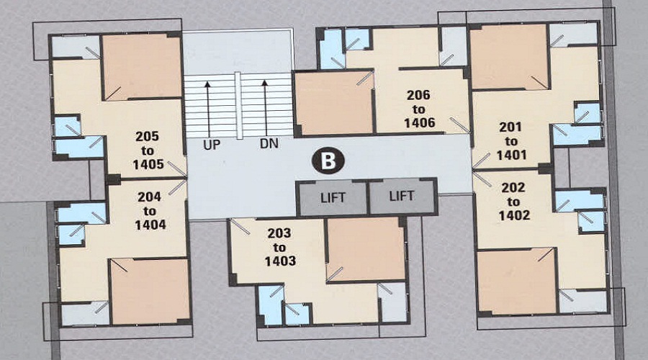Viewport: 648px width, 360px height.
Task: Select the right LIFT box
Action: pos(402,195)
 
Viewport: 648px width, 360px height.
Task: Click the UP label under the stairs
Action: pos(211,144)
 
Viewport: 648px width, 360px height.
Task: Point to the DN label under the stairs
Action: pos(269,144)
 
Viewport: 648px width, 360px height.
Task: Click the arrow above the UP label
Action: pos(208,108)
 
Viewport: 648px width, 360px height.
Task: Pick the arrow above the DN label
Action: pos(265,108)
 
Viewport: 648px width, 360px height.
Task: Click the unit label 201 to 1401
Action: pos(512,141)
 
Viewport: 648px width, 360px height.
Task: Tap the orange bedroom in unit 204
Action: pos(149,290)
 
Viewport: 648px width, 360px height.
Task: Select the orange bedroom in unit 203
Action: pos(366,248)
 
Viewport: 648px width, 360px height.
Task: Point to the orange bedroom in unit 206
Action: pos(334,103)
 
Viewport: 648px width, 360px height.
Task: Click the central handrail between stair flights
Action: pos(238,104)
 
